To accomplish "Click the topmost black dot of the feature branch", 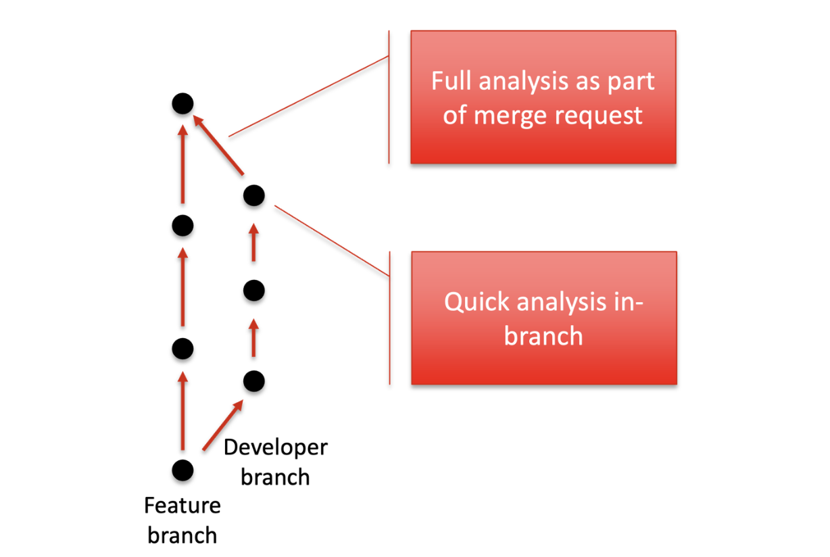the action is (182, 103).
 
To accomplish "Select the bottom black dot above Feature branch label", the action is (182, 470).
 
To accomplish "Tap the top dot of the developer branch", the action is (254, 195).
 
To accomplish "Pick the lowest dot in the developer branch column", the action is (254, 381).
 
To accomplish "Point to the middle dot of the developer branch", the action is (254, 290).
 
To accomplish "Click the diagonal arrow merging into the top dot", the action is (218, 145).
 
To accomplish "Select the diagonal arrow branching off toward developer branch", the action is (223, 425).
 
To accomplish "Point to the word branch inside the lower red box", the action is (543, 336).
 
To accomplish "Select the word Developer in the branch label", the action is (276, 447).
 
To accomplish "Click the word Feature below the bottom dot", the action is (182, 506).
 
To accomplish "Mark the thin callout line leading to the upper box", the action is (309, 97).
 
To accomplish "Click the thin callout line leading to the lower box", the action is (332, 241).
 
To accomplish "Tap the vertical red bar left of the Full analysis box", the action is (389, 97).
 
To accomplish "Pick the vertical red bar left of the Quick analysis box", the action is (390, 318).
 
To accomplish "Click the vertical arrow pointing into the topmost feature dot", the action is (182, 164).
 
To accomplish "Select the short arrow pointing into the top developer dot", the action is (254, 243).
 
